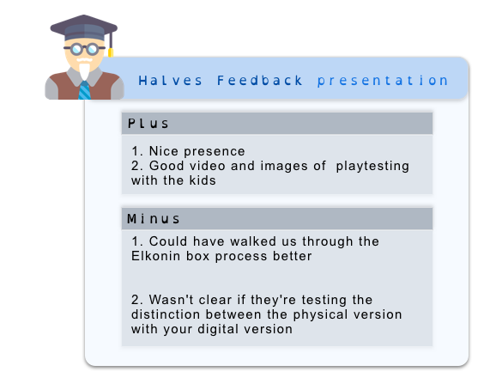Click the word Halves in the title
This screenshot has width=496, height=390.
(x=170, y=81)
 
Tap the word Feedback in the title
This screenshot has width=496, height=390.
(x=260, y=81)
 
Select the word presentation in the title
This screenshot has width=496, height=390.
(x=383, y=81)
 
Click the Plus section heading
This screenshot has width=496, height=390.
(x=148, y=124)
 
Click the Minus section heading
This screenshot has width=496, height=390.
(x=154, y=219)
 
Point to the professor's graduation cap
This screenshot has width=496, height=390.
(x=84, y=27)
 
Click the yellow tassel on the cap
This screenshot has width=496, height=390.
(x=111, y=52)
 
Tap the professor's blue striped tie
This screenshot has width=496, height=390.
(x=84, y=90)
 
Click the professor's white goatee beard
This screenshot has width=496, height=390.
(x=84, y=71)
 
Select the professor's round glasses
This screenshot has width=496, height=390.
(x=84, y=49)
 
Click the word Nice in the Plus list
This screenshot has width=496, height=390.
(x=164, y=151)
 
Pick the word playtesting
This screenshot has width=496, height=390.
(x=372, y=166)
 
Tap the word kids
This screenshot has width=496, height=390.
(x=203, y=180)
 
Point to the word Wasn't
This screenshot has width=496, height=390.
(x=171, y=300)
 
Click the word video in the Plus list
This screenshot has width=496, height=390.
(x=208, y=166)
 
